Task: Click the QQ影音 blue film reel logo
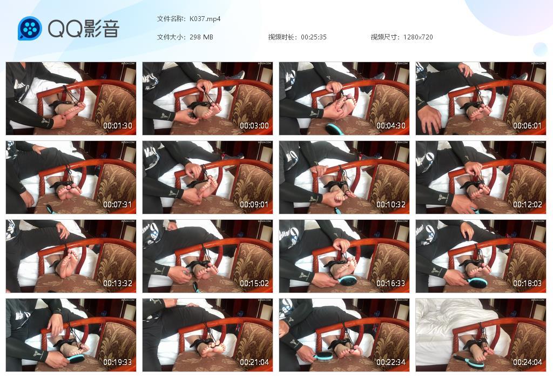point(30,29)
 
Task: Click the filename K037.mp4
point(205,19)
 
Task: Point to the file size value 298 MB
point(201,37)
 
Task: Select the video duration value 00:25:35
point(314,37)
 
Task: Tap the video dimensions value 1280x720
point(418,37)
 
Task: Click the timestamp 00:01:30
point(118,126)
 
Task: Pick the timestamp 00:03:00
point(254,126)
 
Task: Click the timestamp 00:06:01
point(527,126)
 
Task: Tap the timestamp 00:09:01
point(254,205)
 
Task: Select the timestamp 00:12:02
point(527,205)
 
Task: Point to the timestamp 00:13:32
point(118,283)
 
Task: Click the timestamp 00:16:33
point(390,283)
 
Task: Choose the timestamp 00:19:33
point(118,362)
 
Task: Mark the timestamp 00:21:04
point(254,362)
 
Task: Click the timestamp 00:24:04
point(527,362)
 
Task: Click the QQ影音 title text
point(84,29)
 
